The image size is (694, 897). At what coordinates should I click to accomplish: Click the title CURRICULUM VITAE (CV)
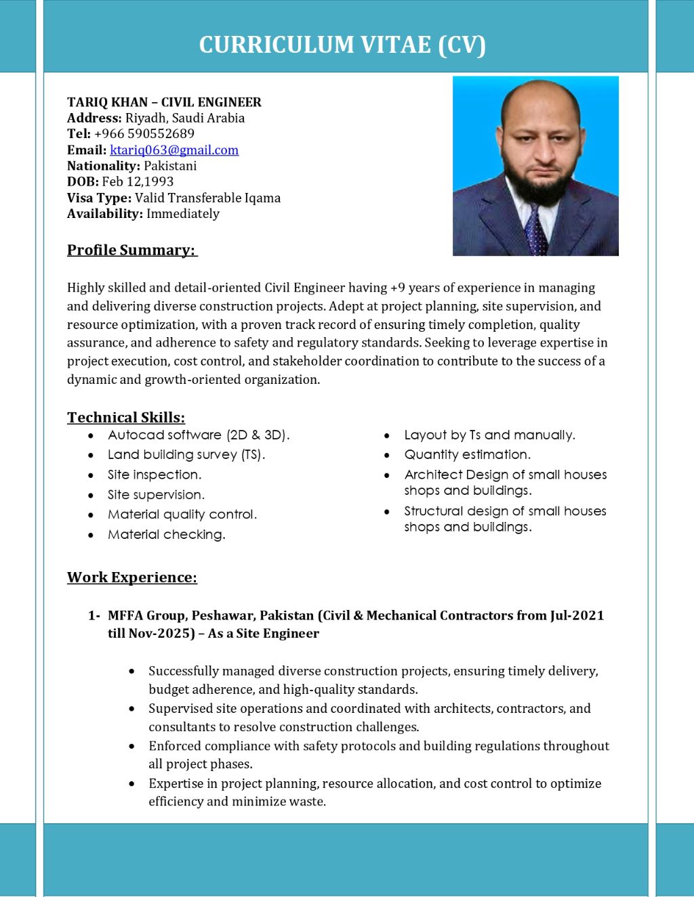tap(342, 45)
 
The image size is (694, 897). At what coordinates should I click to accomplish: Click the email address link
tap(174, 150)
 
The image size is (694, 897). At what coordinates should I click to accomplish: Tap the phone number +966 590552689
tap(144, 134)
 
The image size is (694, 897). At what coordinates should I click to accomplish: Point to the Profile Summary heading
tap(131, 250)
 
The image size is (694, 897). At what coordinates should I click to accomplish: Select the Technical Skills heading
tap(126, 417)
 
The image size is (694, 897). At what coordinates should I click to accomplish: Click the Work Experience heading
tap(132, 577)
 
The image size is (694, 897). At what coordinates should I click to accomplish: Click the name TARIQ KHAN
tap(107, 102)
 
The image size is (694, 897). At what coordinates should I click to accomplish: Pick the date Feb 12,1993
tap(138, 181)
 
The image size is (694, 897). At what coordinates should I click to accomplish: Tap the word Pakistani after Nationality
tap(170, 166)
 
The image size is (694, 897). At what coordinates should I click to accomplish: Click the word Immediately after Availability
tap(183, 214)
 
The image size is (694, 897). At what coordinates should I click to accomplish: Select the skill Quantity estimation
tap(468, 455)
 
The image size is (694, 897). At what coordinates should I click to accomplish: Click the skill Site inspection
tap(155, 475)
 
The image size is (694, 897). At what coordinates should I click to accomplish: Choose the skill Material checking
tap(167, 535)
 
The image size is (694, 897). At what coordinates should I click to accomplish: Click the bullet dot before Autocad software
tap(91, 436)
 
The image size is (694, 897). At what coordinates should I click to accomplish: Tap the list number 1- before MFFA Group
tap(94, 615)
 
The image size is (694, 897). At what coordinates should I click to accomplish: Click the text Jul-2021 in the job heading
tap(577, 615)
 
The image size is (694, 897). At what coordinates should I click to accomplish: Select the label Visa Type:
tap(99, 198)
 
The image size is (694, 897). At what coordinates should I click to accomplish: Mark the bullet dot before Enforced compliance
tap(131, 746)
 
